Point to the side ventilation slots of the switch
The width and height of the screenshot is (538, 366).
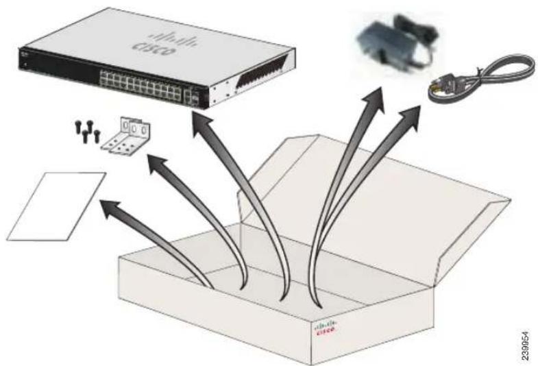click(260, 81)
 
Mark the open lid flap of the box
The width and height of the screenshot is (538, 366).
click(384, 185)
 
